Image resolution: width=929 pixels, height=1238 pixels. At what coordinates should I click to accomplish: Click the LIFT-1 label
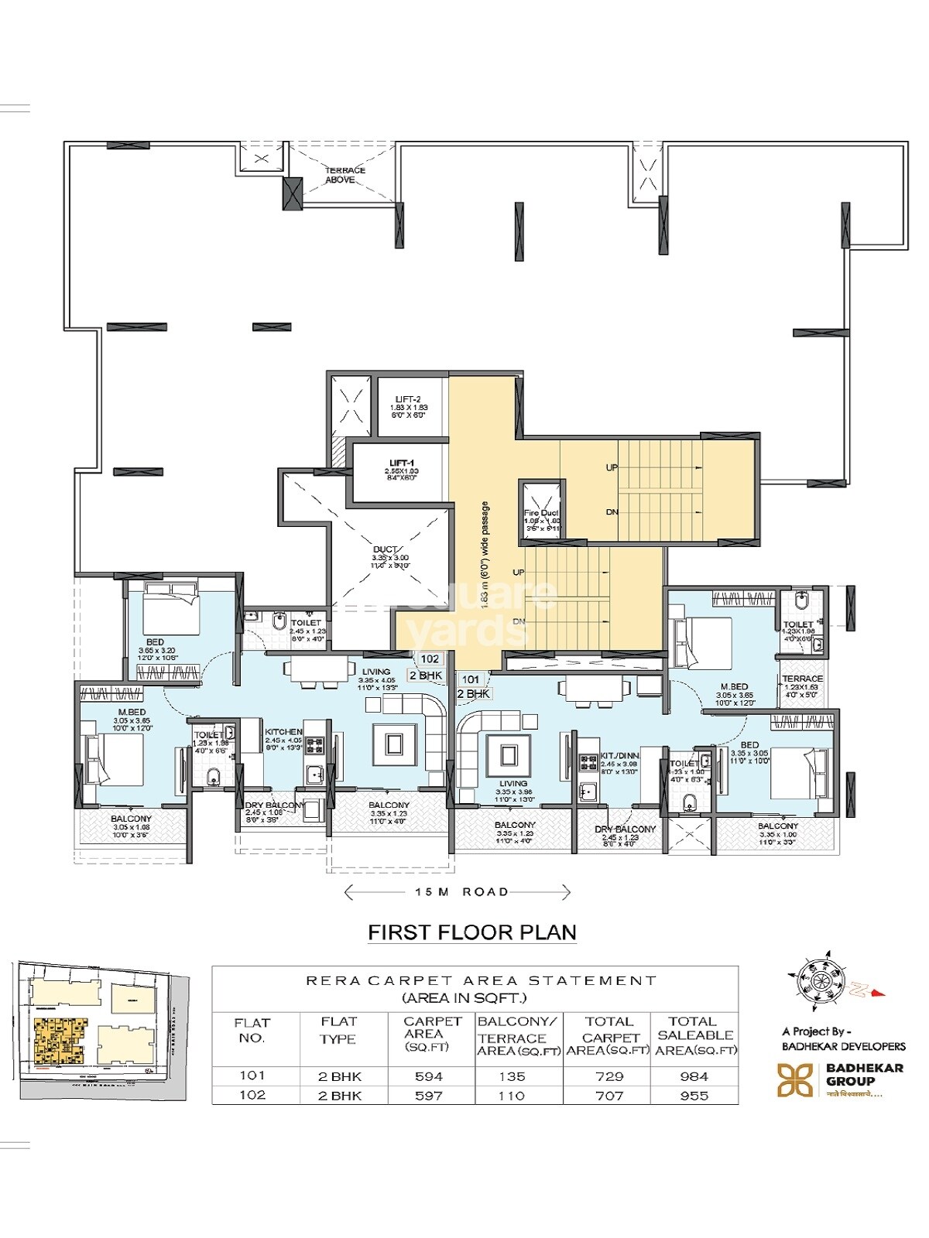400,462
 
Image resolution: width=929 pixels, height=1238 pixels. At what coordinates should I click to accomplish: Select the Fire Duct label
540,513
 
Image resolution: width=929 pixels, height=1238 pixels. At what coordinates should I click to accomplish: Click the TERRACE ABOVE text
345,175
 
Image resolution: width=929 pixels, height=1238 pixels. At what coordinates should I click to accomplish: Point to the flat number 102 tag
430,659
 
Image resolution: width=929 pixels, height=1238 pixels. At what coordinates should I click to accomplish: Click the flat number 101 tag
471,679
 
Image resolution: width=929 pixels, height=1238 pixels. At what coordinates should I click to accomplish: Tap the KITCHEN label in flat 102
283,732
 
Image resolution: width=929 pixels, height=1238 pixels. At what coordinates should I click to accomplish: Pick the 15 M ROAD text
461,892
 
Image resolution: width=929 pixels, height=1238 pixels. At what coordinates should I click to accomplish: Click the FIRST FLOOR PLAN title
471,932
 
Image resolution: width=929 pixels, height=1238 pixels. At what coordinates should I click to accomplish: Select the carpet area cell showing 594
429,1076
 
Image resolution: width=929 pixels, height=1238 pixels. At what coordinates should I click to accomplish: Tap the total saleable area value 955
694,1096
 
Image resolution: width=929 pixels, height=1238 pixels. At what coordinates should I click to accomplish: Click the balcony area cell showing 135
512,1076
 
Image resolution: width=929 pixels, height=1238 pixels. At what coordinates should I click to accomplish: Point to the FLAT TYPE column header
338,1031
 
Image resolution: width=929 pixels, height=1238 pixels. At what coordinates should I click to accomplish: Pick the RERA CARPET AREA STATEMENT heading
481,980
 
